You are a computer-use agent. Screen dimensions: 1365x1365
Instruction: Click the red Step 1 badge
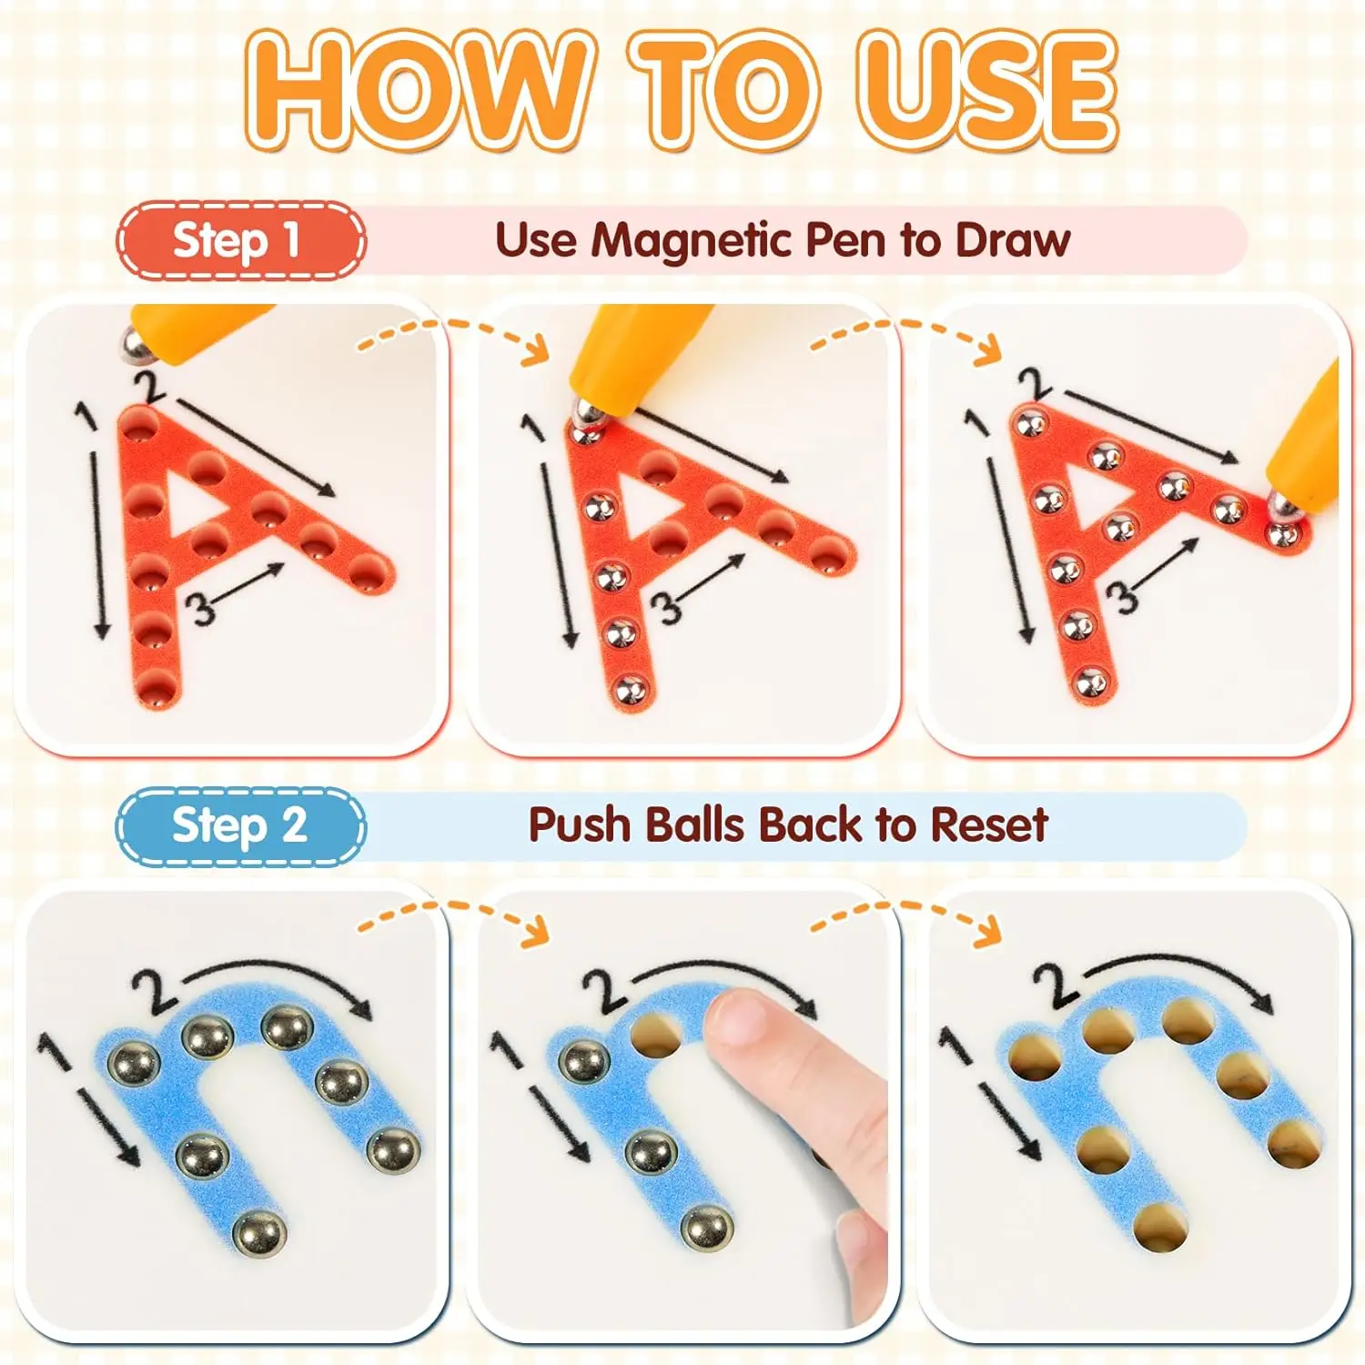pyautogui.click(x=241, y=240)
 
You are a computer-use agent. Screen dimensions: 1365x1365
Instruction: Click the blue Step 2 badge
pyautogui.click(x=241, y=826)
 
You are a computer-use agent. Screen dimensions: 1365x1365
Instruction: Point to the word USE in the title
pyautogui.click(x=988, y=89)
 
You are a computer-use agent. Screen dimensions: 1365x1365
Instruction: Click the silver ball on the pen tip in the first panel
pyautogui.click(x=137, y=343)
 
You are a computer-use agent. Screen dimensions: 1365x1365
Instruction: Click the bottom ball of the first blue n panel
pyautogui.click(x=259, y=1234)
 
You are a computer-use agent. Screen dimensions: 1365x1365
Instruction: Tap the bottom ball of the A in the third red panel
pyautogui.click(x=1091, y=681)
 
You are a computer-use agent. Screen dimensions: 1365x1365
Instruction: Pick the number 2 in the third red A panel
pyautogui.click(x=1035, y=385)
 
